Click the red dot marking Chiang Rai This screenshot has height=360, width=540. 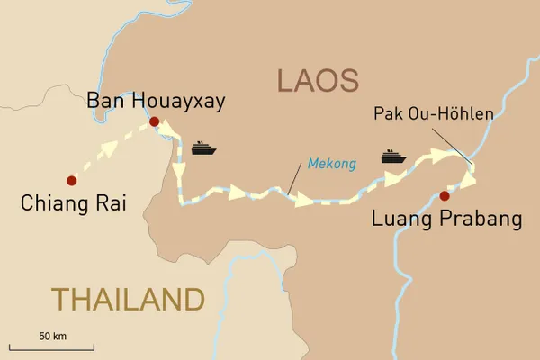coord(70,178)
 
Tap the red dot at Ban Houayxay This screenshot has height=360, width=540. coord(154,121)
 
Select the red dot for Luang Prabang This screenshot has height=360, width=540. coord(445,194)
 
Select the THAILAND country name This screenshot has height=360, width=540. coord(128,299)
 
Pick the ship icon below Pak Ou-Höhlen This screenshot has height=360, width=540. coord(393,157)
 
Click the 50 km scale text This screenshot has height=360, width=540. coord(53,336)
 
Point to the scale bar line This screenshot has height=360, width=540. coord(52,346)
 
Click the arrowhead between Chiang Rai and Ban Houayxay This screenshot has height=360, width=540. coord(109,148)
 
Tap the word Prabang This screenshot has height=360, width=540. coord(474,219)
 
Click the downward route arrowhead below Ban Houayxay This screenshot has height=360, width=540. coord(178,170)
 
